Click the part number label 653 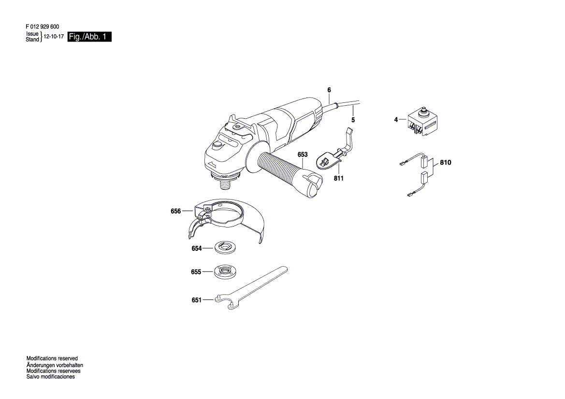point(303,155)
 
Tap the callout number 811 point(338,178)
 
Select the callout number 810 point(445,163)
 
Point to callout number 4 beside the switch point(396,119)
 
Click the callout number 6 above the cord point(329,90)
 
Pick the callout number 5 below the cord point(353,120)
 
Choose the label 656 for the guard point(175,211)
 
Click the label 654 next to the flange point(196,248)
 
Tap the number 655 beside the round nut point(196,272)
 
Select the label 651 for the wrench point(196,300)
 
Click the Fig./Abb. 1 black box point(90,37)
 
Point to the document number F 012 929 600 point(42,28)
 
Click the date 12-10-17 point(54,37)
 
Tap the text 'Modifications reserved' point(52,359)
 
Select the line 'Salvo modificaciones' point(50,377)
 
